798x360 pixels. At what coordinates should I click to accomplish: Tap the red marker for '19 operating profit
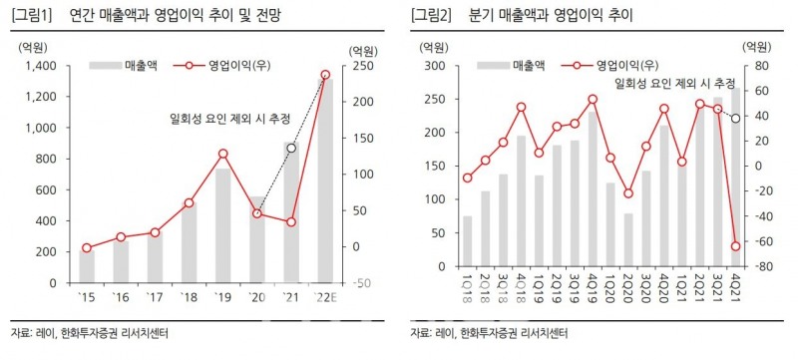pos(222,154)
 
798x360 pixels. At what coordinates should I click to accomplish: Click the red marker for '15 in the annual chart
pos(87,247)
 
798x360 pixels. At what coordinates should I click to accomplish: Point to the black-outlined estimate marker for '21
pos(291,148)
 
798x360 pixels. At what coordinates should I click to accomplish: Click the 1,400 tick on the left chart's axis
pos(41,66)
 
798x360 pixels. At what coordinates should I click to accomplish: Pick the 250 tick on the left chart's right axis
pos(360,66)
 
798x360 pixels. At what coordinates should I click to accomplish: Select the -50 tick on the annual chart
pos(360,283)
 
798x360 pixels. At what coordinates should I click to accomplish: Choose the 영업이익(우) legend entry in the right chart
pos(608,66)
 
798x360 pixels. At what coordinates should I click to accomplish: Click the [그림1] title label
pos(30,15)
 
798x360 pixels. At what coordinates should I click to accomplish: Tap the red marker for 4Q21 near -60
pos(736,246)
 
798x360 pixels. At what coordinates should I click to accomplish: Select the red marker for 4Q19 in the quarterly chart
pos(592,99)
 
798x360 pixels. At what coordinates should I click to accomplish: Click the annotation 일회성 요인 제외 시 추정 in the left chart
pos(228,118)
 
